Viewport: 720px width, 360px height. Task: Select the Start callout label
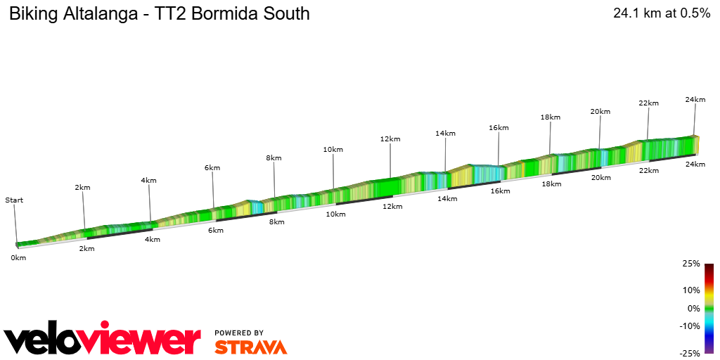point(14,200)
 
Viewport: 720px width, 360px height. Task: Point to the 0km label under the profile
point(18,258)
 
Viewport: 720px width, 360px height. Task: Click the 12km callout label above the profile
point(390,139)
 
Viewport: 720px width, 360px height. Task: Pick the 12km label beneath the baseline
point(392,207)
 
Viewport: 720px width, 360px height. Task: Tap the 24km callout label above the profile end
point(695,100)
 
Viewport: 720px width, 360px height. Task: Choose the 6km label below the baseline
point(215,231)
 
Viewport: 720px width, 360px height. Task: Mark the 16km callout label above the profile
point(499,128)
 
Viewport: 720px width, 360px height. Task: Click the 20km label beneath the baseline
point(601,178)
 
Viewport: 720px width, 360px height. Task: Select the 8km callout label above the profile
point(274,158)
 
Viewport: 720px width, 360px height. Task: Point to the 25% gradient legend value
point(692,264)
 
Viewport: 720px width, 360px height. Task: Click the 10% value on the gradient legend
point(692,290)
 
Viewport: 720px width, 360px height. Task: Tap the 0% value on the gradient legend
point(693,308)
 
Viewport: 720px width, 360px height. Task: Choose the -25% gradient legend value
point(690,353)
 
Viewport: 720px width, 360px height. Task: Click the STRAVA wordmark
point(250,347)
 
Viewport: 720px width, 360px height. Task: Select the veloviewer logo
point(103,340)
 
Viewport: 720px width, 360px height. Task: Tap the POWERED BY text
point(239,333)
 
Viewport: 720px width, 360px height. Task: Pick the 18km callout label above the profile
point(551,117)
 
